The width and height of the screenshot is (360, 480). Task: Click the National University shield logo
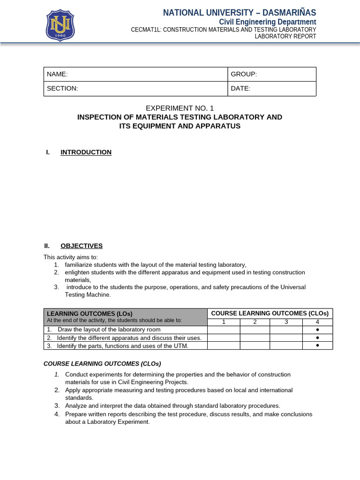[60, 25]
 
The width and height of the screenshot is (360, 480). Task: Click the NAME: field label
[57, 74]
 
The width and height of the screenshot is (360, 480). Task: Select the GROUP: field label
[244, 74]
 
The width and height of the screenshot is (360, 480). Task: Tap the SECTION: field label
[62, 88]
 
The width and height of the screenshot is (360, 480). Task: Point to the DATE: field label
[240, 88]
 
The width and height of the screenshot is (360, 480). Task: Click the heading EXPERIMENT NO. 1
[180, 108]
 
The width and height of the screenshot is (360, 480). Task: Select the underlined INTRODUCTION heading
[86, 152]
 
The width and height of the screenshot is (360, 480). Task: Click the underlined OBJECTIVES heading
[82, 246]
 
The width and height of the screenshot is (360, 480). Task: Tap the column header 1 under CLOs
[224, 322]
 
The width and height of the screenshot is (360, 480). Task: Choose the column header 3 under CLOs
[285, 322]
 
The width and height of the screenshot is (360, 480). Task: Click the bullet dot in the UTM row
[317, 345]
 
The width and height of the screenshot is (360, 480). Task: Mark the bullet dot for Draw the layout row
[317, 329]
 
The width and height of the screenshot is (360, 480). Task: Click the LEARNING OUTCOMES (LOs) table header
[90, 313]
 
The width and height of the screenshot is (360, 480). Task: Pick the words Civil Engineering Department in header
[268, 22]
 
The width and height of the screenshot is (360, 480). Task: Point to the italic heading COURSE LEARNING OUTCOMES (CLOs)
[102, 363]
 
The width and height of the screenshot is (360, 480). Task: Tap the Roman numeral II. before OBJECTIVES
[47, 246]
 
